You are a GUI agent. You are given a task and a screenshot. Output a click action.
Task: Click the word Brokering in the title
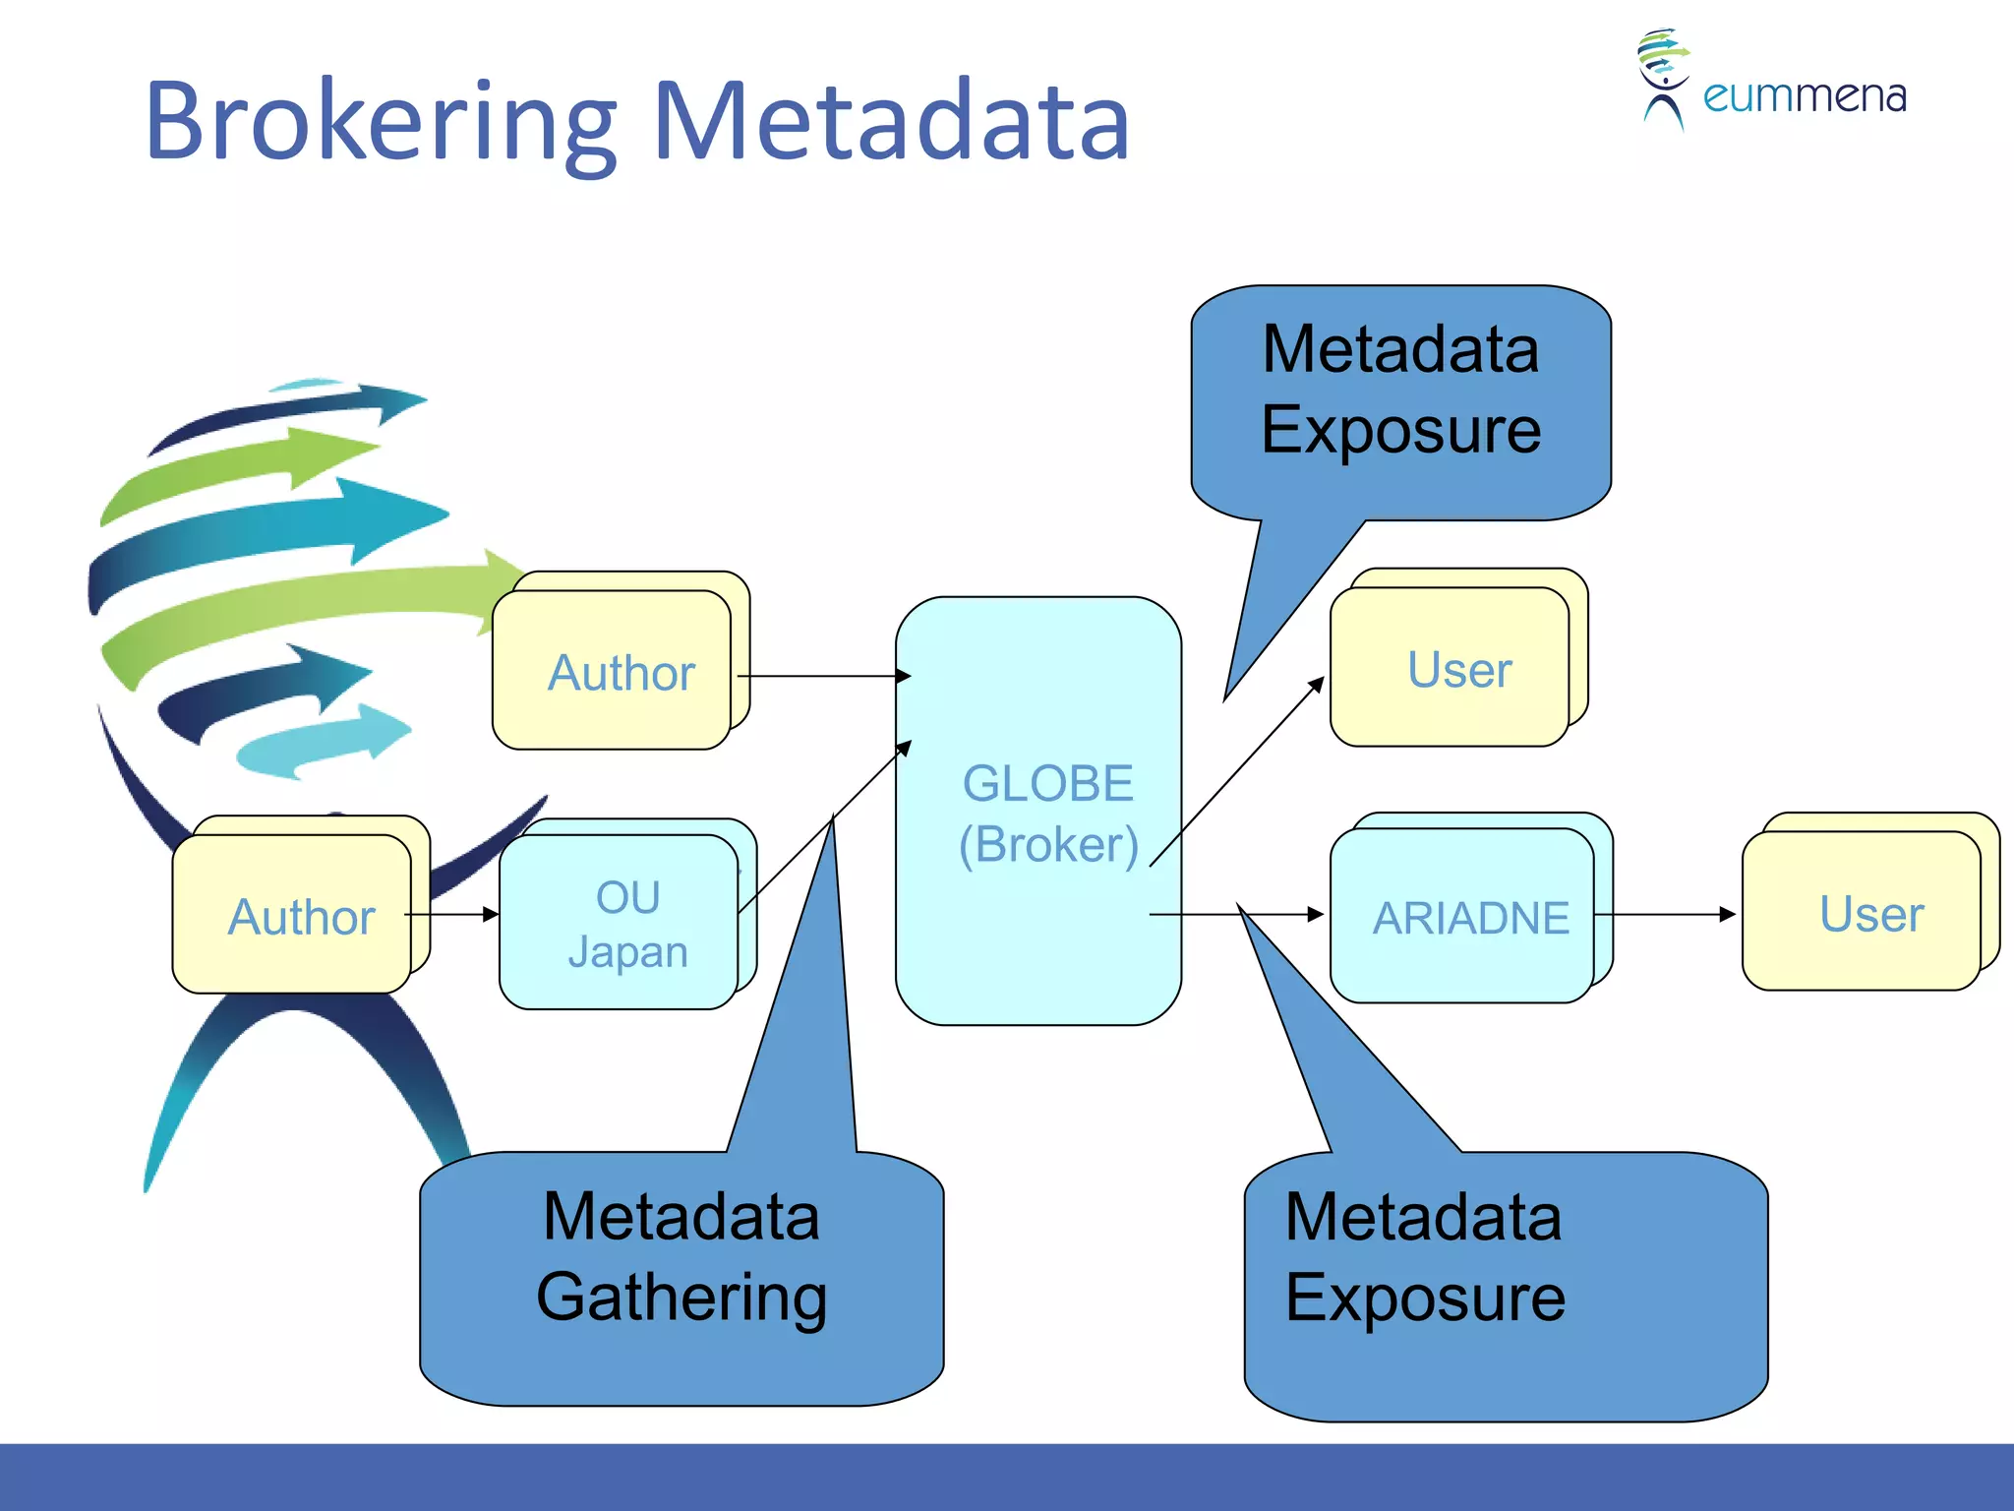[379, 122]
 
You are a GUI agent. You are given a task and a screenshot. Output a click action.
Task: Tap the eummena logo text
[1804, 96]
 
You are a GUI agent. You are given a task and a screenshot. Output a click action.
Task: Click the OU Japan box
[620, 923]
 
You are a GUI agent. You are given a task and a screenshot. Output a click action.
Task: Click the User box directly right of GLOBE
[1450, 668]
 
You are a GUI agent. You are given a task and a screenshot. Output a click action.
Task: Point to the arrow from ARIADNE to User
[1667, 914]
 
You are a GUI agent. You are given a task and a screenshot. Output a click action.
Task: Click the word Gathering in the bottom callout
[681, 1298]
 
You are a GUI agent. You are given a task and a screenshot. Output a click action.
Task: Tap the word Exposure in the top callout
[1400, 430]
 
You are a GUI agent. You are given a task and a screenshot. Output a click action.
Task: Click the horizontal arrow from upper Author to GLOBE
[824, 676]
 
